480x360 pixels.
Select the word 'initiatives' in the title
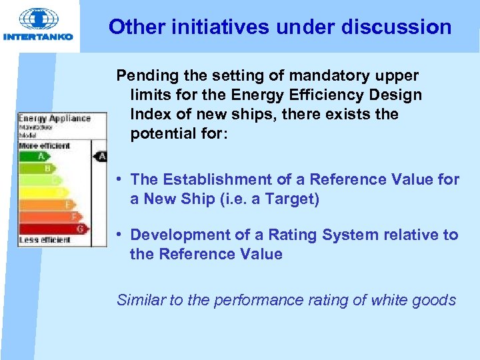(213, 27)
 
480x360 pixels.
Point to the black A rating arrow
(100, 157)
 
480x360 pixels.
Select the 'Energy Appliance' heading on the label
(55, 119)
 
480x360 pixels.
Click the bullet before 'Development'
(117, 235)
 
